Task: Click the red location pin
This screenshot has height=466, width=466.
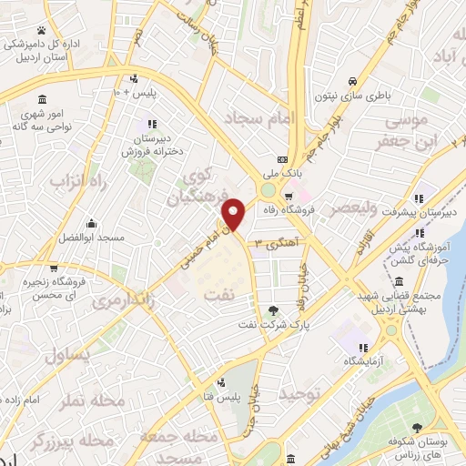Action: (235, 215)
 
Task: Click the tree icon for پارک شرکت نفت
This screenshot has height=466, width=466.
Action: (273, 311)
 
